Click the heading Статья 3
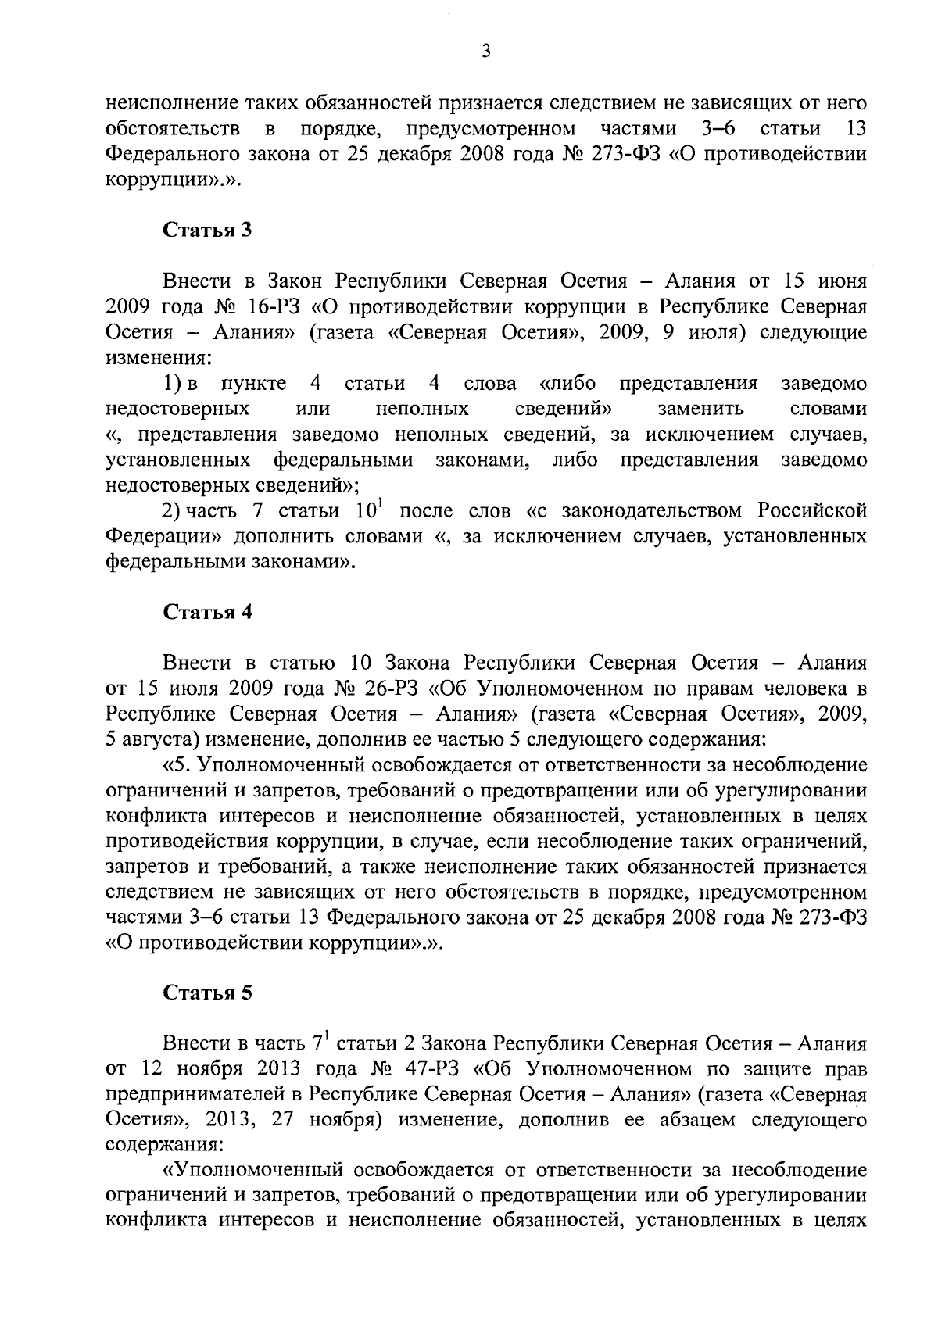point(207,231)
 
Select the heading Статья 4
point(207,612)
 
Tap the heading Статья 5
point(207,993)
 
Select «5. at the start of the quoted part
point(181,764)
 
